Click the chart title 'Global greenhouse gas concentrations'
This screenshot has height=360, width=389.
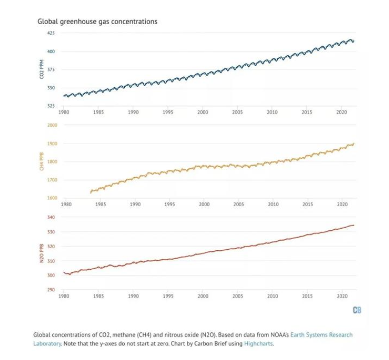coord(97,22)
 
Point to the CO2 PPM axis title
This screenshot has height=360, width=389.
coord(42,69)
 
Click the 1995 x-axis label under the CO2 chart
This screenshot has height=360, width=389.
coord(168,112)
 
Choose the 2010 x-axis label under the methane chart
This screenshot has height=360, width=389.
coord(273,204)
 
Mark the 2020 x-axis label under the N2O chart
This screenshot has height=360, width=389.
coord(342,296)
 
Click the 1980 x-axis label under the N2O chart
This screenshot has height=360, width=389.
coord(64,296)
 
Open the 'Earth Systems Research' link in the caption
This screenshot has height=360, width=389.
coord(321,335)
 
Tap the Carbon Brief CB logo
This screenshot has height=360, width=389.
coord(357,310)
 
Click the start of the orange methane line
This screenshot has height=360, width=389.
coord(90,192)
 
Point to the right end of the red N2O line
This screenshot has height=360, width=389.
coord(354,225)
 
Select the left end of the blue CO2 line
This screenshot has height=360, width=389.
coord(63,95)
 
